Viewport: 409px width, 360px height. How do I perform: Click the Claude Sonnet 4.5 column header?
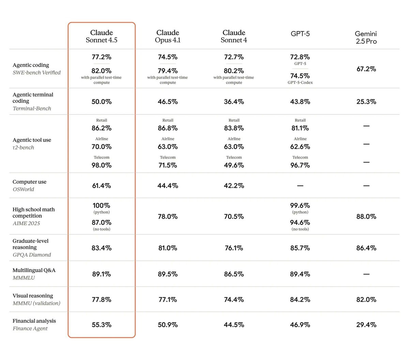101,36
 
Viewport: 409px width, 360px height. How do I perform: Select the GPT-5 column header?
300,33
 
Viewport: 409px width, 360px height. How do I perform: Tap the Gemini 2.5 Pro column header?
366,37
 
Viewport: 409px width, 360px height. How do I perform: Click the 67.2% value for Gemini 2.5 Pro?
366,69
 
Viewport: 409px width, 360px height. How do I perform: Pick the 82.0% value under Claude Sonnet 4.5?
101,71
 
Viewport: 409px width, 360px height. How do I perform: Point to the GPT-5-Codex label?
300,82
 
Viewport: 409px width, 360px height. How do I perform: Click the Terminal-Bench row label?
32,108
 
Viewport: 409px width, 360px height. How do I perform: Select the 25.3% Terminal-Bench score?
366,102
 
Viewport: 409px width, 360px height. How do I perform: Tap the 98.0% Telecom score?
101,165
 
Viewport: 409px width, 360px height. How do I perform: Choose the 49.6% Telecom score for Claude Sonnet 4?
234,165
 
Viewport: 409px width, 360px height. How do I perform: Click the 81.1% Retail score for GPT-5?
300,128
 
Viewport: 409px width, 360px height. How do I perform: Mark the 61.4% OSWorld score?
101,185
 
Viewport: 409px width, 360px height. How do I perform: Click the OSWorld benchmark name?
23,190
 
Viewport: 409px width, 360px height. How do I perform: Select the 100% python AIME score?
101,205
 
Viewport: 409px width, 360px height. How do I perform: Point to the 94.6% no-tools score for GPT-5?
300,222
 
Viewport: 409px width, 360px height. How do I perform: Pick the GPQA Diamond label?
32,255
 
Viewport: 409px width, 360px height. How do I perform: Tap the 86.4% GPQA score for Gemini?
366,248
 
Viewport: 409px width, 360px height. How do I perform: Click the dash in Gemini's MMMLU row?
366,274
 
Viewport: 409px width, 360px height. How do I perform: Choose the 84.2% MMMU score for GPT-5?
300,299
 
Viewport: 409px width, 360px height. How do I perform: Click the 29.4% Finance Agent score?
366,325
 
